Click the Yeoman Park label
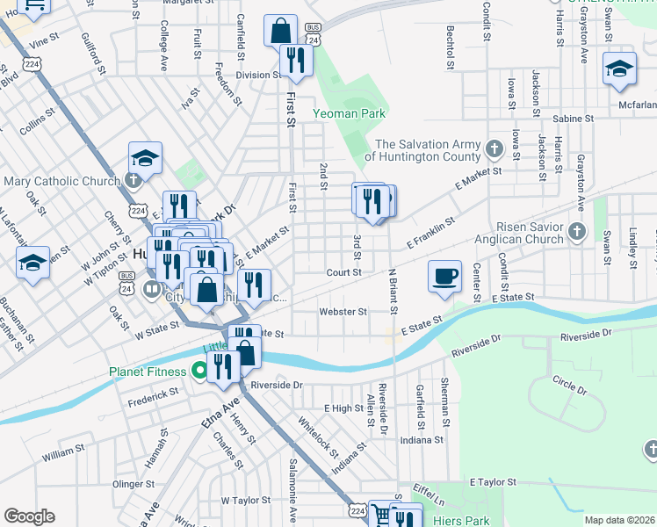coord(349,114)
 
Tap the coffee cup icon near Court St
coord(444,276)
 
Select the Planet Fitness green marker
coord(199,372)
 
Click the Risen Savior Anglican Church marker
coord(577,231)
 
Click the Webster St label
coord(343,312)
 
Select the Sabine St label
coord(574,118)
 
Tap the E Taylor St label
coord(496,483)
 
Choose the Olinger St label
coord(134,483)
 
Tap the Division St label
coord(256,76)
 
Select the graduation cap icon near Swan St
coord(619,69)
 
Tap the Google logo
coord(29,516)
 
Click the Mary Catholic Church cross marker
coord(132,181)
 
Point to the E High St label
coord(343,408)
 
